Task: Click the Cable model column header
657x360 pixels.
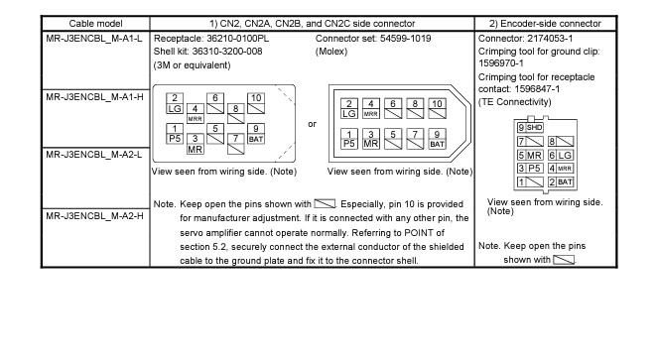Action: click(95, 24)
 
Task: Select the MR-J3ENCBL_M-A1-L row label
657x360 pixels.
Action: click(94, 39)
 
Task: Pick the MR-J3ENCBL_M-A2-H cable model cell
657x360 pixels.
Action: click(94, 216)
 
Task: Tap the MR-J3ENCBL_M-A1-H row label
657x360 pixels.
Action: click(94, 97)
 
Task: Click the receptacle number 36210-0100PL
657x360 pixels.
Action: click(237, 39)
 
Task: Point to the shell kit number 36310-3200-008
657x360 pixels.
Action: click(227, 52)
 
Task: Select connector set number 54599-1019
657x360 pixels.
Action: click(405, 39)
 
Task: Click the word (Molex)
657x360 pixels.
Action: click(331, 52)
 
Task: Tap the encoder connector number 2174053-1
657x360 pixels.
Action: click(550, 39)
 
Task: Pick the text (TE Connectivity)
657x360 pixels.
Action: click(514, 102)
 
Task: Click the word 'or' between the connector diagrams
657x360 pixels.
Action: click(313, 124)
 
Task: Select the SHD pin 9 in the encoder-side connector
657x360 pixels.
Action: click(530, 128)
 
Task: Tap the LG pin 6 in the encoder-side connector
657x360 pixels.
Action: click(561, 156)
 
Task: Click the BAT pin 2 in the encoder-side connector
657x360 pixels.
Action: click(561, 182)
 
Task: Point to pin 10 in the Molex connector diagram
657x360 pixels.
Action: click(437, 108)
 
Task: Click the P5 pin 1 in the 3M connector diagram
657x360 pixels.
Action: click(175, 134)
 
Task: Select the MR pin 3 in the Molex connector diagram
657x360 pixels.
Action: click(371, 139)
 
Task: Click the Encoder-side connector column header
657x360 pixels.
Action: click(545, 24)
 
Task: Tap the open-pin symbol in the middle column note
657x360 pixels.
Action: click(325, 204)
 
